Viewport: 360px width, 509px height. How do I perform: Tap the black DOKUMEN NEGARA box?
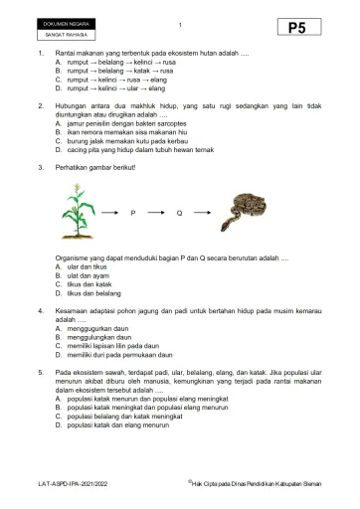pyautogui.click(x=66, y=23)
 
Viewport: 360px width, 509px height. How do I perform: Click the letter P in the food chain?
pyautogui.click(x=133, y=214)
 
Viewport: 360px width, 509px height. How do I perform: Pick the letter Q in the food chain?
pyautogui.click(x=179, y=214)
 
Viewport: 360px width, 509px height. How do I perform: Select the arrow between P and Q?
pyautogui.click(x=156, y=214)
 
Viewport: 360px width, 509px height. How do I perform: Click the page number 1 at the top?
pyautogui.click(x=180, y=24)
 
